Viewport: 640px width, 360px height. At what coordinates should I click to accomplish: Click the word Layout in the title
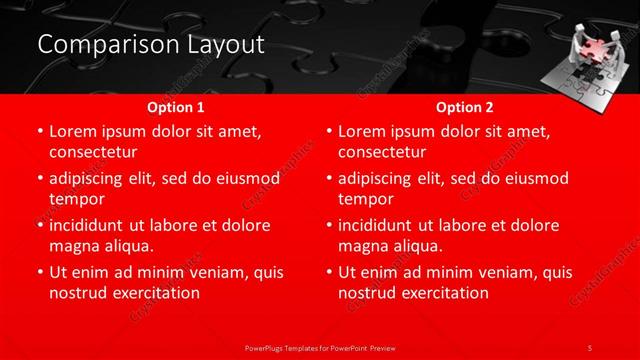[222, 45]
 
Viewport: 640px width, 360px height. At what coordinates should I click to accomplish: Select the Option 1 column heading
[176, 106]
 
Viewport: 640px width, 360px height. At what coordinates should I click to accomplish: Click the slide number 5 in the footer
[590, 348]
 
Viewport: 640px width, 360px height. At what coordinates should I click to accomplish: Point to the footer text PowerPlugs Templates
[289, 348]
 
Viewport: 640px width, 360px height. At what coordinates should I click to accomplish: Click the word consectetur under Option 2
[382, 153]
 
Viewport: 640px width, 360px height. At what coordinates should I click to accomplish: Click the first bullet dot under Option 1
[40, 132]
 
